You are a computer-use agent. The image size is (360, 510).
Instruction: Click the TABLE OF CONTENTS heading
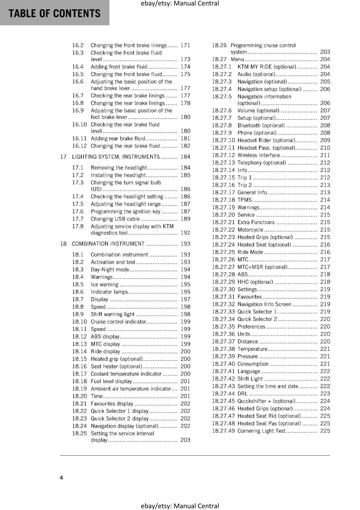(54, 13)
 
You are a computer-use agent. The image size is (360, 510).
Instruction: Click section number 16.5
(78, 74)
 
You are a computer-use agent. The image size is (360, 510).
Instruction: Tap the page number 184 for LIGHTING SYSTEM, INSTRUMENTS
(185, 157)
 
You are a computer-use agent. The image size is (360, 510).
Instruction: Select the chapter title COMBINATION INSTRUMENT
(108, 244)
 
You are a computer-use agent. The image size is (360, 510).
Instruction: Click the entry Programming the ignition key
(126, 212)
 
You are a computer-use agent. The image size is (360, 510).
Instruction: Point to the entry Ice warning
(104, 285)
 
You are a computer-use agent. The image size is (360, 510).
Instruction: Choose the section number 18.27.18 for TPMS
(223, 200)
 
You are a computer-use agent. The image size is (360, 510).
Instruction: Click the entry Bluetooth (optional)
(261, 126)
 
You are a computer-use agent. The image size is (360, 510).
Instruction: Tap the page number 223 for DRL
(325, 394)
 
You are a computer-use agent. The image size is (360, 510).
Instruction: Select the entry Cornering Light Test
(261, 431)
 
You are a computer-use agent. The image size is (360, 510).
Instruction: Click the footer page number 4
(61, 477)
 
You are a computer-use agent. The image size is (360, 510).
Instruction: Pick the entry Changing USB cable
(115, 219)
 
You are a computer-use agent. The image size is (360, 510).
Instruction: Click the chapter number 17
(63, 157)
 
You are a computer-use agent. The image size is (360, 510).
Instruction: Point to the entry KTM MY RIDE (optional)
(267, 67)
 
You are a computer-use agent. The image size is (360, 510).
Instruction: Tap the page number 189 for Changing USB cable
(185, 219)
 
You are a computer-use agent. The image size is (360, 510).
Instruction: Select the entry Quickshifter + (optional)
(266, 401)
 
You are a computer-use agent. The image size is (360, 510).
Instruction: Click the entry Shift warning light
(112, 314)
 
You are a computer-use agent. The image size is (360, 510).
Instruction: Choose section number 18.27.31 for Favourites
(223, 297)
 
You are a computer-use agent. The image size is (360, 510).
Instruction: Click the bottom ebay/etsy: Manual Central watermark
(180, 506)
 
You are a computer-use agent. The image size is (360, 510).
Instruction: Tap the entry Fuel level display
(111, 382)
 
